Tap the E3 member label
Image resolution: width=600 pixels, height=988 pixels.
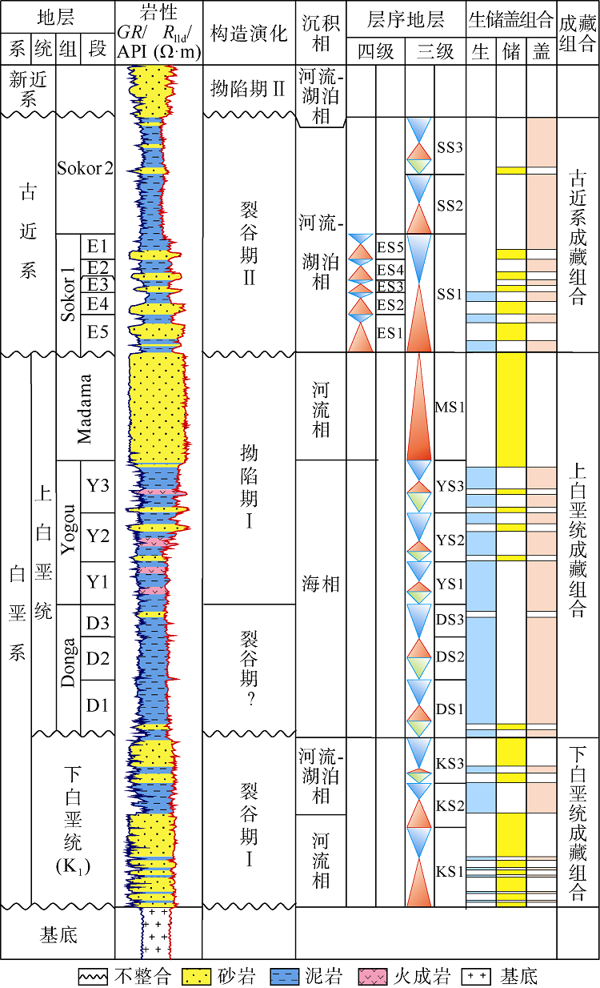pos(98,285)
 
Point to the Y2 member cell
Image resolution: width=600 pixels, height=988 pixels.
pos(98,536)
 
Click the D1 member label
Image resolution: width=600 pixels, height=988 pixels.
pos(98,705)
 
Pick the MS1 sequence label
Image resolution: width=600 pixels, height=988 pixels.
pos(450,407)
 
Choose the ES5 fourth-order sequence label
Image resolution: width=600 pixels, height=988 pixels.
pos(391,246)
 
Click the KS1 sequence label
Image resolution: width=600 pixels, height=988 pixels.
pos(450,871)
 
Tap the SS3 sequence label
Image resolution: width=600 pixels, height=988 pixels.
pos(450,147)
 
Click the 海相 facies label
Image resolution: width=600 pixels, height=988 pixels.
pos(321,584)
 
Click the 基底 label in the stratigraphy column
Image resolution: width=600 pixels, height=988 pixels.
pos(58,934)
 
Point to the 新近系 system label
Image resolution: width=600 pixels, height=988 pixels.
pos(28,89)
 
